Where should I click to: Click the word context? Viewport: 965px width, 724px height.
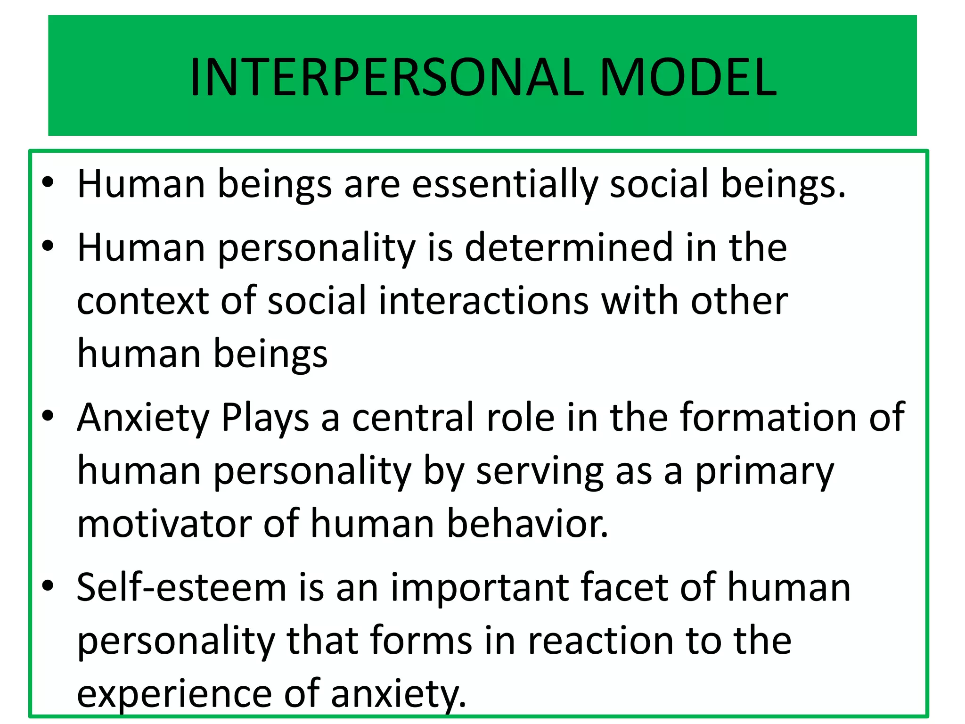pyautogui.click(x=143, y=301)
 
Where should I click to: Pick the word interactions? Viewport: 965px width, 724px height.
pyautogui.click(x=483, y=301)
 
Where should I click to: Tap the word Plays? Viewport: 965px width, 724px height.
pyautogui.click(x=265, y=418)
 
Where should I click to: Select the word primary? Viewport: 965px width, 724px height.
pyautogui.click(x=765, y=472)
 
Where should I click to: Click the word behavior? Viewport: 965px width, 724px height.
pyautogui.click(x=527, y=525)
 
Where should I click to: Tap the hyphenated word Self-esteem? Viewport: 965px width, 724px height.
pyautogui.click(x=182, y=588)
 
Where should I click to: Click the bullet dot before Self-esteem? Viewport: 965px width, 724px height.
pyautogui.click(x=48, y=586)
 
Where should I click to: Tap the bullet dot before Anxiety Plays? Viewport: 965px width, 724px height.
pyautogui.click(x=48, y=416)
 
